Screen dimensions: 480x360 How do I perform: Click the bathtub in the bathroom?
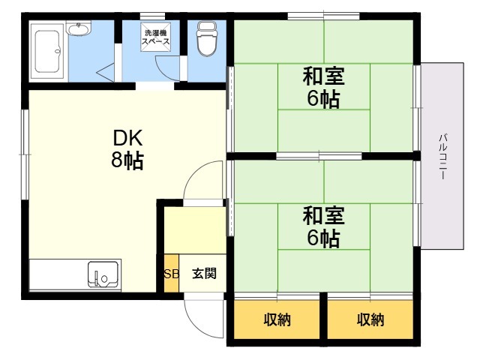point(48,51)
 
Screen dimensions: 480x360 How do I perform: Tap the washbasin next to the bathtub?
point(79,28)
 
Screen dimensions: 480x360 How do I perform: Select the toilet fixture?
point(207,38)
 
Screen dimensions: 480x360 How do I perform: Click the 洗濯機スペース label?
point(155,37)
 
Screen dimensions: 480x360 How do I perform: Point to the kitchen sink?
point(103,274)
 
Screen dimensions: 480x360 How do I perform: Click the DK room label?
point(127,138)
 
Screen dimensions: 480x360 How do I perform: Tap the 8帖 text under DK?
point(127,160)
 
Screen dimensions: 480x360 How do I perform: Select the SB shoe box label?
point(172,274)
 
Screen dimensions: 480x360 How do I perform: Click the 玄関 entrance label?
point(204,273)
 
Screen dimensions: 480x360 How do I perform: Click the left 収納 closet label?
point(277,319)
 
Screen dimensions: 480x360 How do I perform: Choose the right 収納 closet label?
point(370,319)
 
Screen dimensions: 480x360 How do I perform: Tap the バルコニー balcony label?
point(443,156)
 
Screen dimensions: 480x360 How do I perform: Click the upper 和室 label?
point(323,76)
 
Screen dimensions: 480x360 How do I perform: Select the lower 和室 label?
point(323,215)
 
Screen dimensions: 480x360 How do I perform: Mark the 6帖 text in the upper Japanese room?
point(323,99)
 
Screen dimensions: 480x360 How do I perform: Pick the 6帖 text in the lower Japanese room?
point(323,238)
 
